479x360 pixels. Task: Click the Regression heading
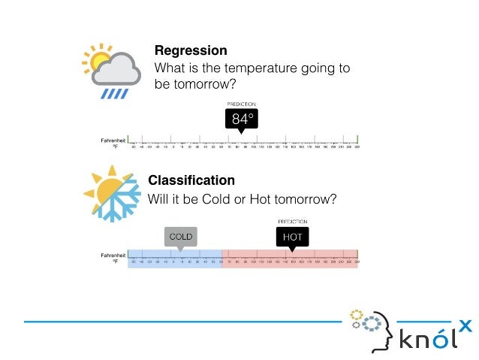click(x=191, y=51)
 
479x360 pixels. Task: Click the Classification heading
click(x=191, y=180)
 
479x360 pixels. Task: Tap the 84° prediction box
click(x=241, y=119)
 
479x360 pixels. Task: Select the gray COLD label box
click(x=180, y=237)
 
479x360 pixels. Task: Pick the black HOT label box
click(x=291, y=237)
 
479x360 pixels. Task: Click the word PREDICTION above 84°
click(x=242, y=104)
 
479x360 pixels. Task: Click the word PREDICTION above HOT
click(x=292, y=222)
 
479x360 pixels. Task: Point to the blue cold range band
click(x=174, y=259)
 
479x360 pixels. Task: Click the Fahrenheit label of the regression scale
click(x=113, y=140)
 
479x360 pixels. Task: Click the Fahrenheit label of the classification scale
click(x=113, y=256)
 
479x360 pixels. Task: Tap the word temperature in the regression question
click(x=245, y=68)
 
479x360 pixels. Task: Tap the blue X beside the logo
click(x=465, y=325)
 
